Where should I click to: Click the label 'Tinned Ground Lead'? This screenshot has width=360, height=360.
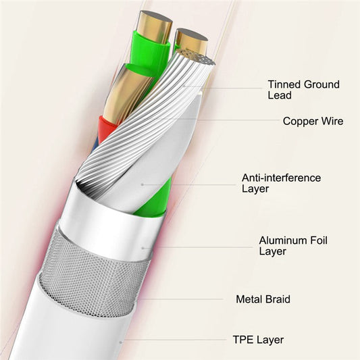(303, 90)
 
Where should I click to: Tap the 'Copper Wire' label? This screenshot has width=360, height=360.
(313, 121)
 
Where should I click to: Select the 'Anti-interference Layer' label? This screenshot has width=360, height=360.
(281, 183)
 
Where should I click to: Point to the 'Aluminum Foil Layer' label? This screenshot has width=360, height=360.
(293, 246)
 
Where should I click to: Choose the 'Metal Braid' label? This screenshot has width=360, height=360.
(263, 299)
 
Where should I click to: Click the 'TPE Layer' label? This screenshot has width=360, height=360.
(258, 340)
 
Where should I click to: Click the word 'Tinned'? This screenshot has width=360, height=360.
(284, 84)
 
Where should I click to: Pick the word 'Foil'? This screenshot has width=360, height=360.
(319, 240)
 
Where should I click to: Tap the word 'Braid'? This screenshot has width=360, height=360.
(278, 299)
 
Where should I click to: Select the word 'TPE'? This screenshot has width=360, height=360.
(243, 340)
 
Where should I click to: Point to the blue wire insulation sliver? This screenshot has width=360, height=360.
(95, 145)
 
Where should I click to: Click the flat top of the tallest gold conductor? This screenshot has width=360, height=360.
(156, 17)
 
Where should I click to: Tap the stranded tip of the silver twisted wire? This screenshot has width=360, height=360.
(197, 57)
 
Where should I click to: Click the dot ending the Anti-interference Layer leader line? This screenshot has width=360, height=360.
(143, 184)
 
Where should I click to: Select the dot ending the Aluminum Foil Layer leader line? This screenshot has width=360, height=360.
(143, 248)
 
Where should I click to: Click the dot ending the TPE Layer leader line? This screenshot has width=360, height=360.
(120, 342)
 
